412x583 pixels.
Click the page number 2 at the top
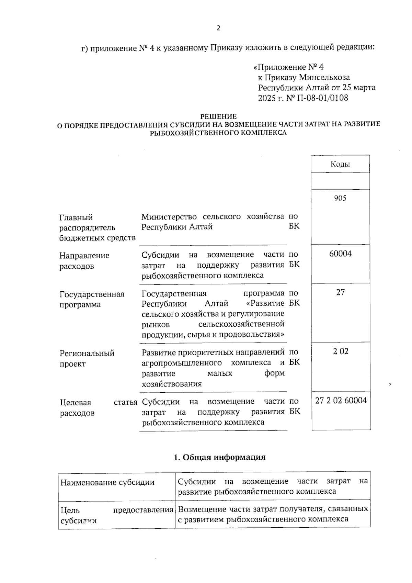pos(218,28)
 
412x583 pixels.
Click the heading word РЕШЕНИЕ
pos(218,117)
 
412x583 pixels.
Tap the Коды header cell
pos(340,164)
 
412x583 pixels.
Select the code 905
pos(340,198)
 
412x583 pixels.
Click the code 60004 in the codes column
pos(340,254)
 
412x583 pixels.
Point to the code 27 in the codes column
pos(340,292)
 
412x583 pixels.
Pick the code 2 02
pos(340,351)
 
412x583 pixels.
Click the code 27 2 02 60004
pos(341,401)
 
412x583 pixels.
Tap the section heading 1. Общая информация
pos(220,457)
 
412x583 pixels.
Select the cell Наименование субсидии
pos(107,482)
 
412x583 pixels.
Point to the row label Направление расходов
pos(84,261)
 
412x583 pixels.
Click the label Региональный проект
pos(87,358)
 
